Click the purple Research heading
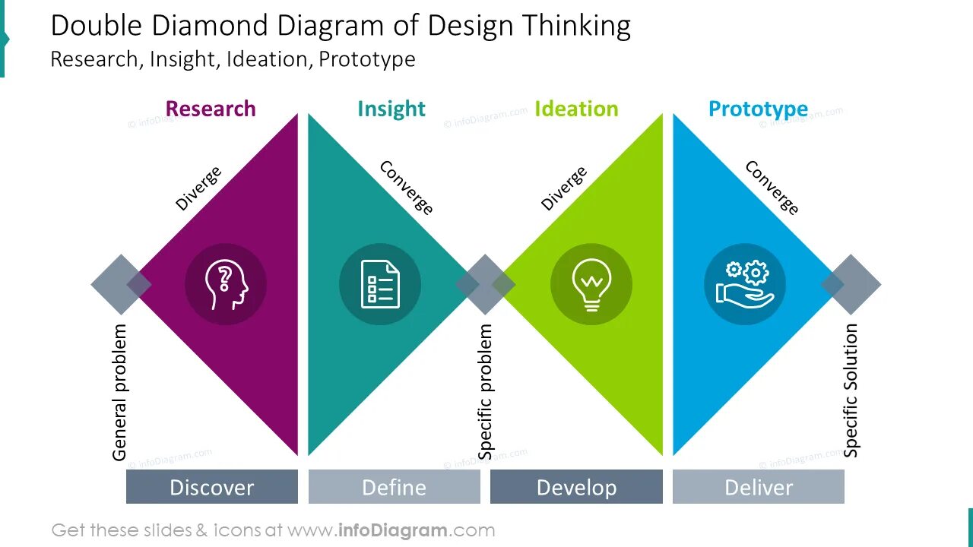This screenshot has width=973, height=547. pyautogui.click(x=211, y=109)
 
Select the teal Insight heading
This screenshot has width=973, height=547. pyautogui.click(x=391, y=109)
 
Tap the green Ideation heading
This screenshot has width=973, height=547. pyautogui.click(x=576, y=109)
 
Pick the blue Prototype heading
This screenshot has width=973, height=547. pyautogui.click(x=758, y=109)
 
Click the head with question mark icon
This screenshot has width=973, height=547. pyautogui.click(x=226, y=284)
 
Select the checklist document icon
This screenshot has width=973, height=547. pyautogui.click(x=379, y=284)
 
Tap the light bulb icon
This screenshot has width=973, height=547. pyautogui.click(x=591, y=284)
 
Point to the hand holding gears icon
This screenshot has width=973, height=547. pyautogui.click(x=744, y=284)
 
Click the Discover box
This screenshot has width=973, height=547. pyautogui.click(x=211, y=487)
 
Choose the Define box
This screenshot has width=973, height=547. pyautogui.click(x=394, y=487)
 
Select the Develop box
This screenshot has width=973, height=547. pyautogui.click(x=576, y=487)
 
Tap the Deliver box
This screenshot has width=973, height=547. pyautogui.click(x=759, y=487)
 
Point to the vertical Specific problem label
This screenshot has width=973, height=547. pyautogui.click(x=486, y=391)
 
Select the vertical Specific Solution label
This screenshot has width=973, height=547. pyautogui.click(x=851, y=390)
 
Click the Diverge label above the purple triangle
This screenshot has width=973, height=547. pyautogui.click(x=198, y=188)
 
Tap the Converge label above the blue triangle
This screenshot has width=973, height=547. pyautogui.click(x=772, y=188)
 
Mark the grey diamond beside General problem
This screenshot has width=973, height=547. pyautogui.click(x=120, y=284)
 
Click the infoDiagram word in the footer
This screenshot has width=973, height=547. pyautogui.click(x=392, y=530)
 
